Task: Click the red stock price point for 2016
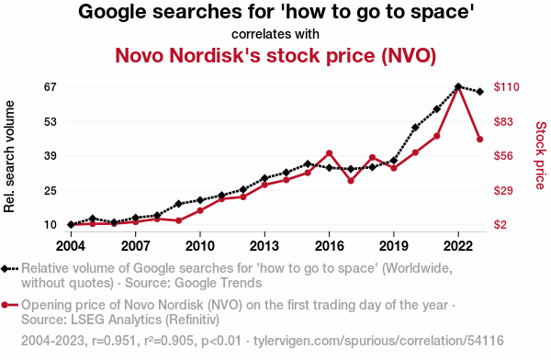point(330,153)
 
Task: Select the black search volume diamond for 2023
point(479,92)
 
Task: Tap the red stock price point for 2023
point(479,140)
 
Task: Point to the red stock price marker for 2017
point(351,181)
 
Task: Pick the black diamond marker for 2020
point(415,128)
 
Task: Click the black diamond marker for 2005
point(93,219)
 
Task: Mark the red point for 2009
point(178,220)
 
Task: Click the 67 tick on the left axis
point(51,87)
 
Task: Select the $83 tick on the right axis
point(503,121)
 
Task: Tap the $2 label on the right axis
point(500,225)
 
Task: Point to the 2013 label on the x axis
point(264,246)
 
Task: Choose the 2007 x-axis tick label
point(136,246)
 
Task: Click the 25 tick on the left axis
point(51,191)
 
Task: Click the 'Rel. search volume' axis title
point(9,156)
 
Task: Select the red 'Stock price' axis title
point(541,155)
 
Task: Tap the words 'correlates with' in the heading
point(275,34)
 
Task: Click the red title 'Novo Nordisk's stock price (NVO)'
point(275,55)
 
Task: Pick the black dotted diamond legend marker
point(9,269)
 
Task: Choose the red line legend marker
point(9,305)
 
